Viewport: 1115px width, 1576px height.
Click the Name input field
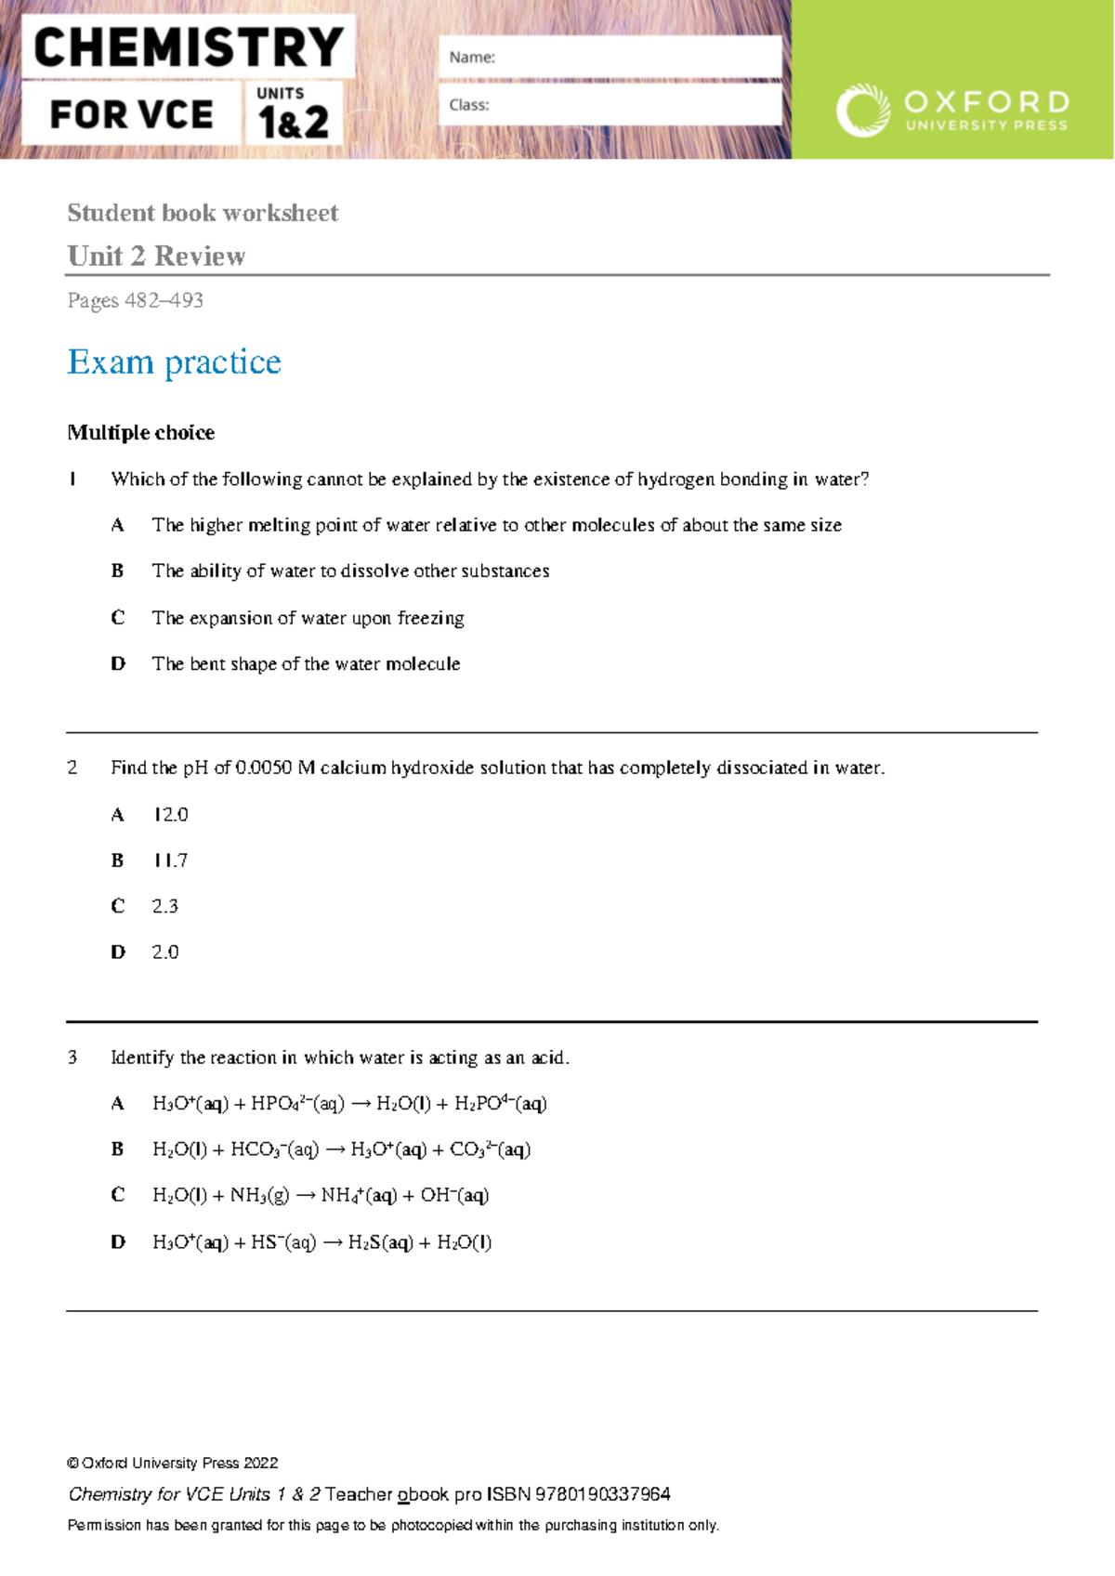click(610, 57)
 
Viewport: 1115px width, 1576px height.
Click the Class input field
click(610, 105)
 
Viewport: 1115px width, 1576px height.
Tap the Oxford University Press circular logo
click(862, 111)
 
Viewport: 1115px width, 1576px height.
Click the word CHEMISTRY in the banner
click(189, 47)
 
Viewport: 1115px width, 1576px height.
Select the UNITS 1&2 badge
click(293, 112)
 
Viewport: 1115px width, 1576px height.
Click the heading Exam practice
click(174, 361)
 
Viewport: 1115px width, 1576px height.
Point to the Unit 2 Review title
click(156, 256)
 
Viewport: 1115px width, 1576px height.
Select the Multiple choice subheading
click(140, 432)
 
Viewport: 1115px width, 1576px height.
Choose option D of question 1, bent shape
click(306, 663)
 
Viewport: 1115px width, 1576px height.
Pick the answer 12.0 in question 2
click(170, 814)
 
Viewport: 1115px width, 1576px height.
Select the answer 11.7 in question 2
click(170, 860)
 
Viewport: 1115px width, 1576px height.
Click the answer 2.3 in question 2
click(164, 906)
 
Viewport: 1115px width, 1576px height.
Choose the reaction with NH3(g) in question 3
click(321, 1195)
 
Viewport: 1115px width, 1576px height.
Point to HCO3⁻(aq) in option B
click(274, 1149)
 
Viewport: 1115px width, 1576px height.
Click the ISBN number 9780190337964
click(602, 1494)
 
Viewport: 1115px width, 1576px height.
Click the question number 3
click(72, 1057)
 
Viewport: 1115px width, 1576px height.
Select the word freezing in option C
click(430, 618)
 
